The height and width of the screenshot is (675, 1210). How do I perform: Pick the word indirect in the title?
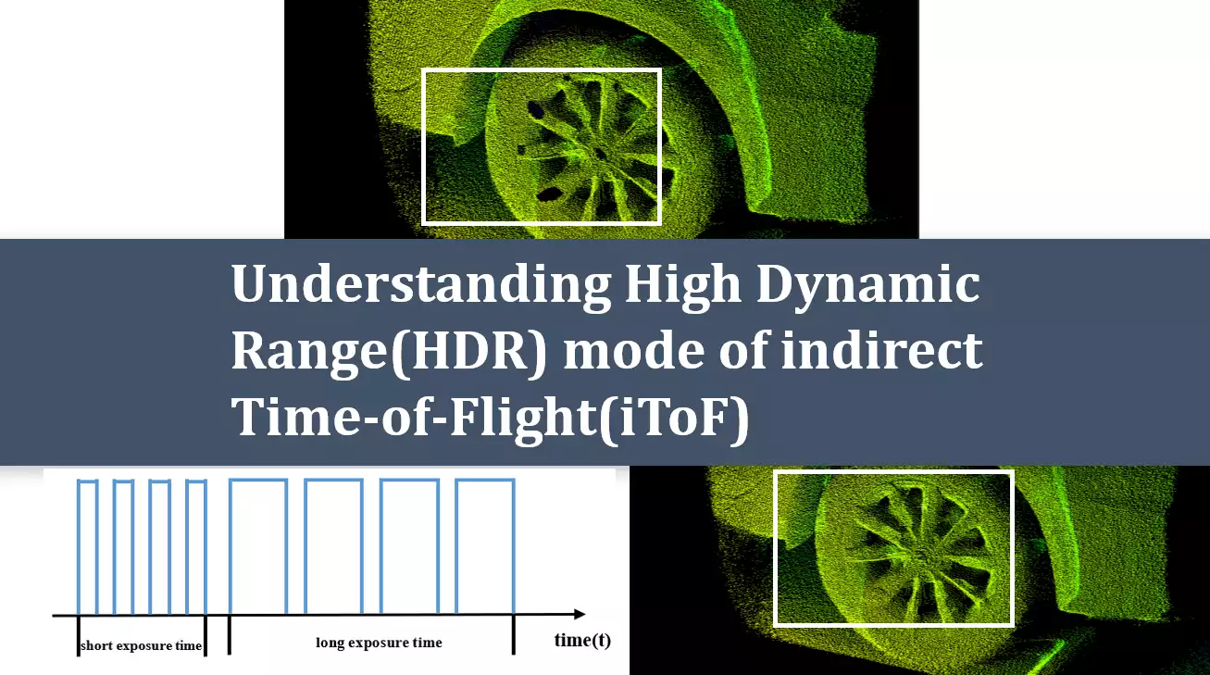[879, 352]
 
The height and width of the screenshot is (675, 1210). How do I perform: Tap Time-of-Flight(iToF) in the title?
[489, 418]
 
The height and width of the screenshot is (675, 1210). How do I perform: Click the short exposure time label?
[141, 645]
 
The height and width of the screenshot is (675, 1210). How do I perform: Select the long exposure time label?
[379, 643]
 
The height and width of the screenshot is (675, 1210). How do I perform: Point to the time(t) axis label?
[582, 640]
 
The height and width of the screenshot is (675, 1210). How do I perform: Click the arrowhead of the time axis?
[580, 614]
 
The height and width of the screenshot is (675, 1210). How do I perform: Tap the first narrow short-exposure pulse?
[88, 546]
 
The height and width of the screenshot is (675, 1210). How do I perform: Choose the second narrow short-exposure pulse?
[124, 546]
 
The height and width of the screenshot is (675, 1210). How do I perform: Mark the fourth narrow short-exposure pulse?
[195, 546]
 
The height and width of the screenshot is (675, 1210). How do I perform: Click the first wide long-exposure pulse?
[257, 546]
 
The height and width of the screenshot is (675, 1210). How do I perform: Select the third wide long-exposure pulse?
[408, 546]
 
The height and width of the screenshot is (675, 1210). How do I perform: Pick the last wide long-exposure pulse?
[484, 546]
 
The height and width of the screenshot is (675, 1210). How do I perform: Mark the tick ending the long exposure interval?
[514, 635]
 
